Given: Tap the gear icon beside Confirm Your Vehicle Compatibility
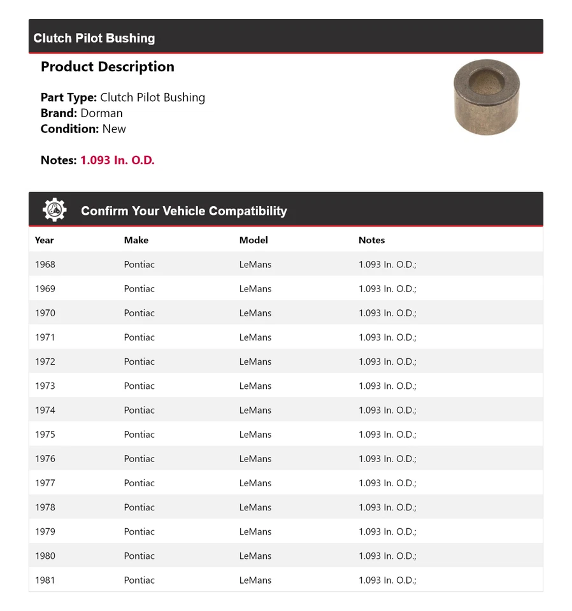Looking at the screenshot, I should pyautogui.click(x=55, y=210).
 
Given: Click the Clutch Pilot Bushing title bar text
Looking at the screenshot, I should pyautogui.click(x=94, y=38).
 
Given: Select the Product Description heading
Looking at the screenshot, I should pyautogui.click(x=107, y=67).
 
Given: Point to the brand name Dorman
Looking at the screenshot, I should pyautogui.click(x=101, y=113).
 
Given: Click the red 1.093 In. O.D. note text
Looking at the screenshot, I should pyautogui.click(x=117, y=160).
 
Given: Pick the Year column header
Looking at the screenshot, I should pyautogui.click(x=45, y=240).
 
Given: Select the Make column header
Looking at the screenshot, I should pyautogui.click(x=136, y=240).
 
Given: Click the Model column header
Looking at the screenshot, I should pyautogui.click(x=254, y=240).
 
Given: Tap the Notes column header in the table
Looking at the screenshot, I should pyautogui.click(x=372, y=240).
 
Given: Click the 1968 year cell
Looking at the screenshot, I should pyautogui.click(x=45, y=264).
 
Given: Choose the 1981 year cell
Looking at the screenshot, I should pyautogui.click(x=45, y=580).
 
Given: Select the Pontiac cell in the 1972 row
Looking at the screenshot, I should pyautogui.click(x=139, y=362).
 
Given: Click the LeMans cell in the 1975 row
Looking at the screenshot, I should pyautogui.click(x=255, y=434).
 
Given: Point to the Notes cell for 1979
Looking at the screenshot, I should pyautogui.click(x=387, y=531).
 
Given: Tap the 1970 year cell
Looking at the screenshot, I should pyautogui.click(x=45, y=313).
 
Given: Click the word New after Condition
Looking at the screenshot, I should pyautogui.click(x=114, y=129).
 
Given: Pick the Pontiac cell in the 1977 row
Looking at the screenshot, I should pyautogui.click(x=139, y=483).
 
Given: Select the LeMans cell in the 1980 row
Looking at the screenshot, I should pyautogui.click(x=255, y=556).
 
